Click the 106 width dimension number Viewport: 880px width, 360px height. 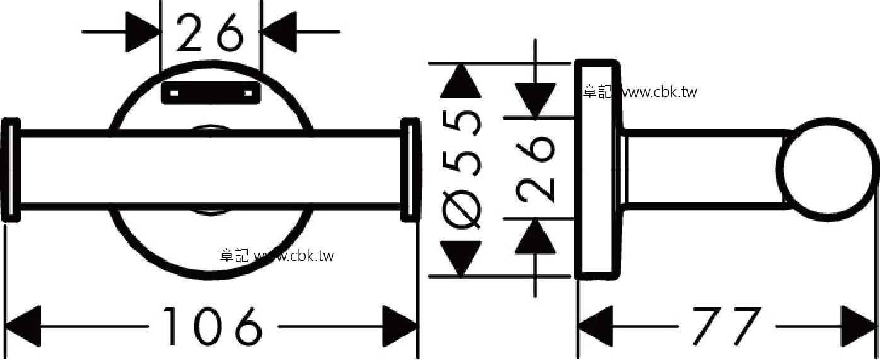pos(212,327)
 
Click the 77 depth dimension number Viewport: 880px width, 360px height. pos(727,327)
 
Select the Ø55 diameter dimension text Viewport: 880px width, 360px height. pos(461,169)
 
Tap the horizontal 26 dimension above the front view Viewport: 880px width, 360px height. pos(209,32)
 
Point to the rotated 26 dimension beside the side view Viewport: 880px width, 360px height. pos(535,170)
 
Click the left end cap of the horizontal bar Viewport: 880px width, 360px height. pos(11,170)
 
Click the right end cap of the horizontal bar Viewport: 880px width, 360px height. pos(411,170)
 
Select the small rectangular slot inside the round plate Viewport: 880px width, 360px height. pos(211,93)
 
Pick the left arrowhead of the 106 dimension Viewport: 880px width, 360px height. pos(23,327)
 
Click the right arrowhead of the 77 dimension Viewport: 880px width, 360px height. pos(859,327)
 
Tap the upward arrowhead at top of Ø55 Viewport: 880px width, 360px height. pos(461,81)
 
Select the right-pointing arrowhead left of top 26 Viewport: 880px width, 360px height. pos(143,32)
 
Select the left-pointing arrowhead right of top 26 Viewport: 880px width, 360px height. pos(278,32)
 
